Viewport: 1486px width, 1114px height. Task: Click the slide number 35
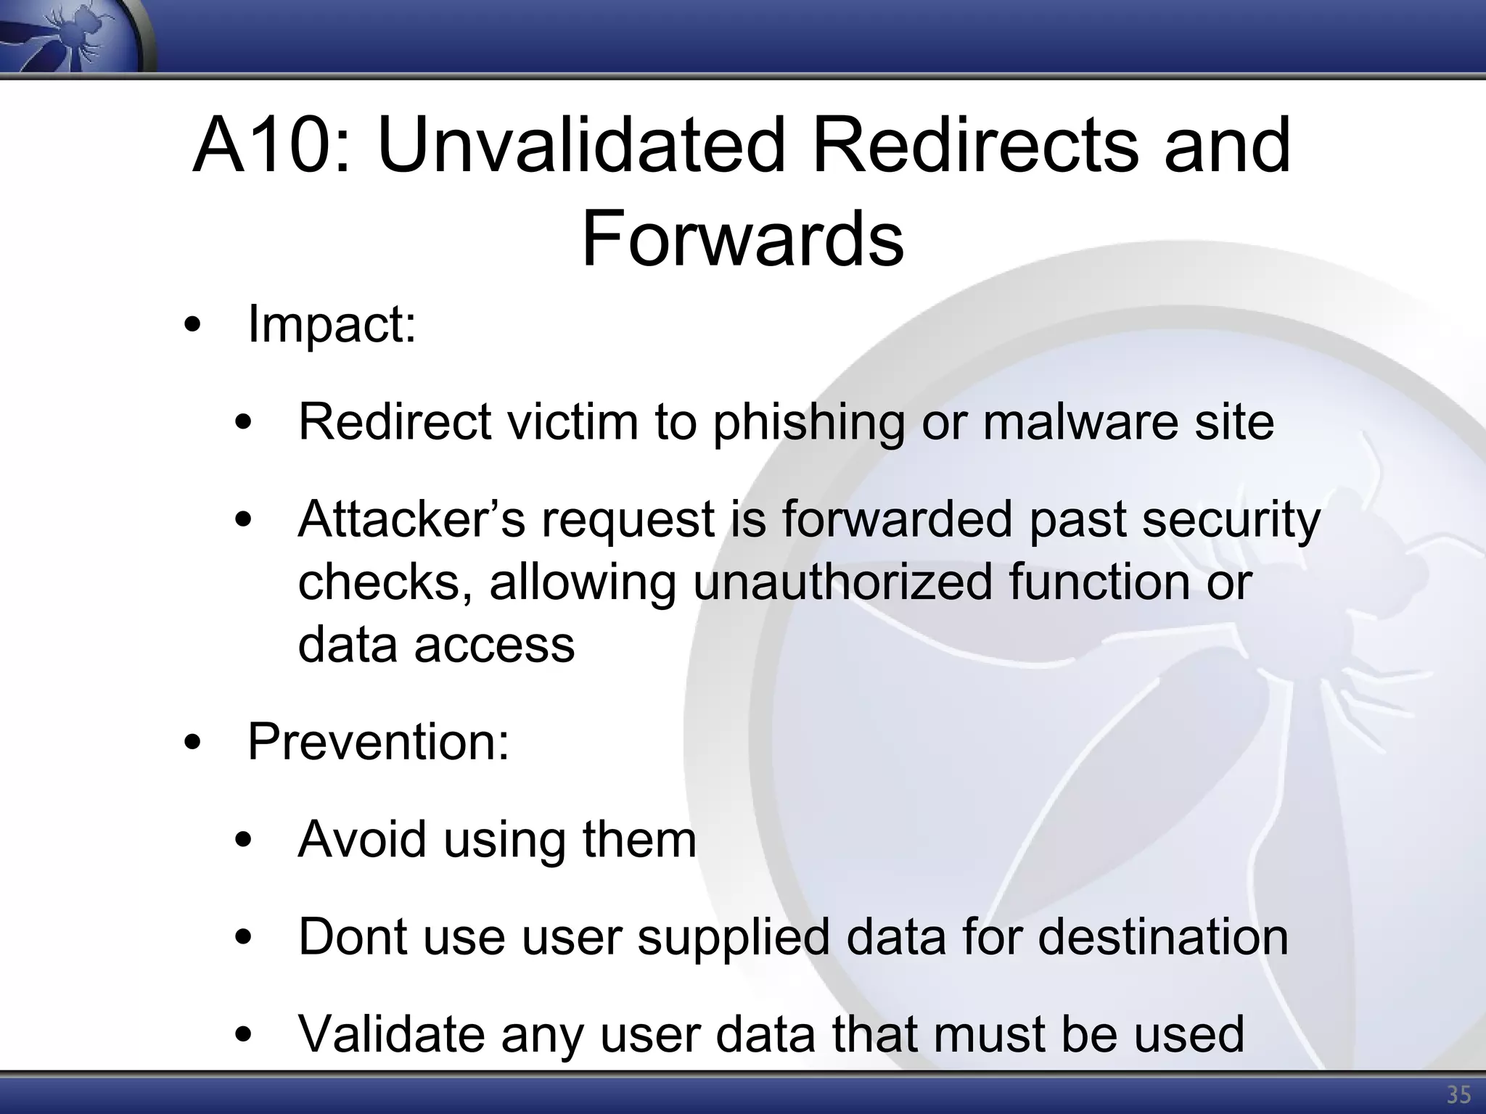click(x=1458, y=1094)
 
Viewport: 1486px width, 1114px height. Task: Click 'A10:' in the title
click(x=272, y=147)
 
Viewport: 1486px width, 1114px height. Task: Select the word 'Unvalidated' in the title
click(x=580, y=147)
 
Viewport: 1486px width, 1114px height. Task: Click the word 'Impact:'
click(x=332, y=324)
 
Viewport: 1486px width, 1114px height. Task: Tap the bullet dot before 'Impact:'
click(x=192, y=326)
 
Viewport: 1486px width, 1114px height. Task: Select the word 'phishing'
click(x=809, y=422)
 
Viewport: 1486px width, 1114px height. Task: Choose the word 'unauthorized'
click(x=842, y=582)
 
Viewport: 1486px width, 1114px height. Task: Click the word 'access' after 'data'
click(x=494, y=645)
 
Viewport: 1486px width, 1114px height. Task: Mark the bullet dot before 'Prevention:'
click(x=192, y=743)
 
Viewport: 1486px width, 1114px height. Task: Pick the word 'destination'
click(x=1163, y=936)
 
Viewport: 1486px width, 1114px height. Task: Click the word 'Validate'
click(x=391, y=1033)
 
